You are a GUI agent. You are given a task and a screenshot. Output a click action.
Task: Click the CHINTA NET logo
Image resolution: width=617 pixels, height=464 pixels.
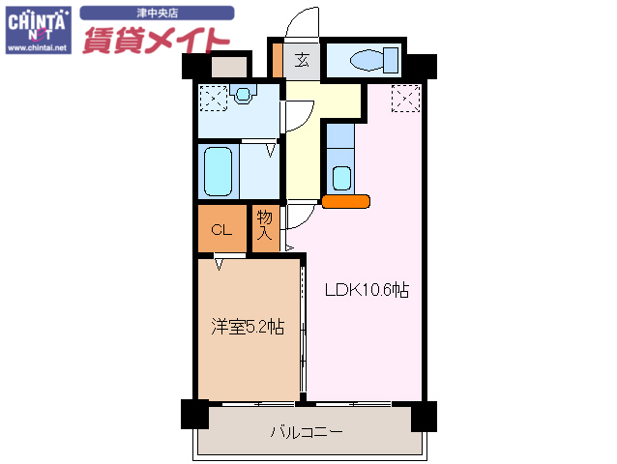[x=38, y=28]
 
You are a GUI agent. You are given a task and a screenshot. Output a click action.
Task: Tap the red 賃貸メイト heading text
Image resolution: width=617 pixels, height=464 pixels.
[x=155, y=38]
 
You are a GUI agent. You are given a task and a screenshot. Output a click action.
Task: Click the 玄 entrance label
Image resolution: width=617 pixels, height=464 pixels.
[x=303, y=60]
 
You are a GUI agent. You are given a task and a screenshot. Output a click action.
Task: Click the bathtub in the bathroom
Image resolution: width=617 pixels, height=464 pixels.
[x=219, y=171]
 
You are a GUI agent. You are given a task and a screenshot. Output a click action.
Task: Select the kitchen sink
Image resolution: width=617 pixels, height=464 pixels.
[x=340, y=177]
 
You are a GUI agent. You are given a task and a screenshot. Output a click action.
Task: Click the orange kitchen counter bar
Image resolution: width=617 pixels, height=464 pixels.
[x=345, y=202]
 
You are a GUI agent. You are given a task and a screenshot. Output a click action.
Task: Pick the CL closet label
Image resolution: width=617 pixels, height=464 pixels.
[x=221, y=229]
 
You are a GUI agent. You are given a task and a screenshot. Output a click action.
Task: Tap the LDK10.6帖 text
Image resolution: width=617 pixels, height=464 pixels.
[x=366, y=289]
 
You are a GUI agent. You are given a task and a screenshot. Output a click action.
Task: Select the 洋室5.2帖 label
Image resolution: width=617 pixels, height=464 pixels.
[x=248, y=327]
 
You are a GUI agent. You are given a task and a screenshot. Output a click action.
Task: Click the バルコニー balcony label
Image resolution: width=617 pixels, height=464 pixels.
[x=306, y=431]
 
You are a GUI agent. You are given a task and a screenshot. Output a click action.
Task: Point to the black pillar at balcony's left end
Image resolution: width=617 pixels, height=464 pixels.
[x=194, y=415]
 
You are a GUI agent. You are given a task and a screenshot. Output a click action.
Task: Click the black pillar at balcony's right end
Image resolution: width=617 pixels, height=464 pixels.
[x=424, y=416]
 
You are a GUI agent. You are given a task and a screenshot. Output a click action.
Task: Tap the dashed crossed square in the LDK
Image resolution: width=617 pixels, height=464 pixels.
[x=406, y=98]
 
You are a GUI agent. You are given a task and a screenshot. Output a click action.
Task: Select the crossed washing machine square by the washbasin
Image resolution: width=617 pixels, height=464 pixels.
[x=213, y=98]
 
